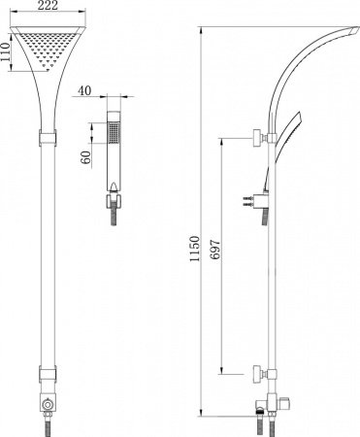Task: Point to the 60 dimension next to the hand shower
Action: coord(87,156)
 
